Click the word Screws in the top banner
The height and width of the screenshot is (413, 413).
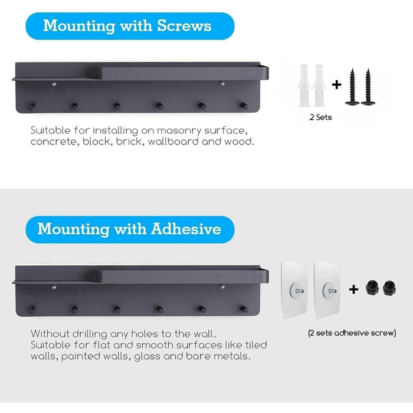184,26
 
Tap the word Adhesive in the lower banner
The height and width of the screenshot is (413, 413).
186,229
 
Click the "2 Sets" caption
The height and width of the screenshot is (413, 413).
320,117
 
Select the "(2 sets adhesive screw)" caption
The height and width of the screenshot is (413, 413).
352,333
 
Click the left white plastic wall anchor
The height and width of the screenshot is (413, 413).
303,85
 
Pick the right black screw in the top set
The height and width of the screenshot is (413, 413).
368,87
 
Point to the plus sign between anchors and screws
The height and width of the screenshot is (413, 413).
337,85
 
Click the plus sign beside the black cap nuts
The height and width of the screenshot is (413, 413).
353,289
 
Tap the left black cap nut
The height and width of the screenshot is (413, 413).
372,288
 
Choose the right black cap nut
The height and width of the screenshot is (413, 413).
389,288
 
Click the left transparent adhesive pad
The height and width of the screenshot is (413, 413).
294,289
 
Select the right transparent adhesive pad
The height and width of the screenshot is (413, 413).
327,289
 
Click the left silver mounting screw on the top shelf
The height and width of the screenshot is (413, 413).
54,84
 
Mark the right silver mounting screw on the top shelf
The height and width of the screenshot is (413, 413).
222,84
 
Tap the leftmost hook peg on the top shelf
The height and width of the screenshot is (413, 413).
32,106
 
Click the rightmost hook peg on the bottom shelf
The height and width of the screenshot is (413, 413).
244,309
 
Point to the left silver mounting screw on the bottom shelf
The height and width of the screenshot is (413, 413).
54,287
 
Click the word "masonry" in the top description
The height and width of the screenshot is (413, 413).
179,131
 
